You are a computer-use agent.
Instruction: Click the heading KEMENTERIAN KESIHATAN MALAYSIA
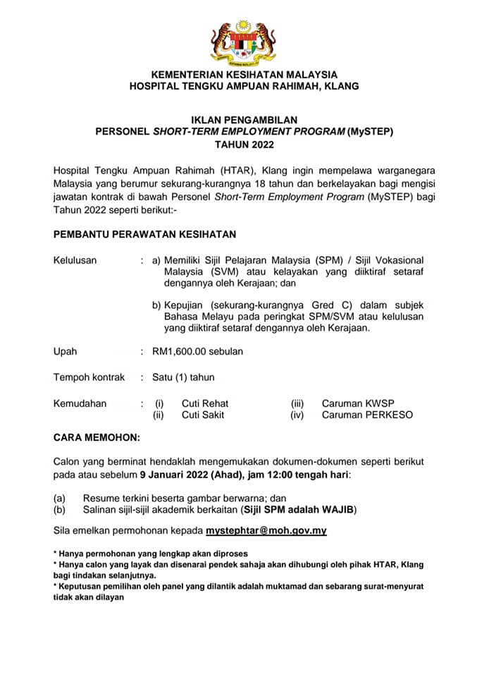tap(244, 74)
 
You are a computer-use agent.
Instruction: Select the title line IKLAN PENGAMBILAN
tap(244, 120)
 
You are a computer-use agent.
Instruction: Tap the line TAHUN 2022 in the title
tap(244, 144)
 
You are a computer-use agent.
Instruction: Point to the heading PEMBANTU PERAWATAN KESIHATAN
tap(145, 233)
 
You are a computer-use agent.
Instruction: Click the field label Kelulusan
tap(75, 260)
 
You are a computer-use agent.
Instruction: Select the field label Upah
tap(66, 351)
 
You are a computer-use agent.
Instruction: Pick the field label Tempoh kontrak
tap(89, 377)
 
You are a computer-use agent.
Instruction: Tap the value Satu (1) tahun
tap(183, 377)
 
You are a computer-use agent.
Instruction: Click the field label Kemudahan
tap(80, 403)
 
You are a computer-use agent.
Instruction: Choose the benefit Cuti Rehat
tap(205, 403)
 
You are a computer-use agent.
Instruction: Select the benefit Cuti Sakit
tap(203, 415)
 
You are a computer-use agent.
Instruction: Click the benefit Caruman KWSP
tap(359, 403)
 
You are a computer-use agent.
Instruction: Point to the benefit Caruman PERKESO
tap(367, 415)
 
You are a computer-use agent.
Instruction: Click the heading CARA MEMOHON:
tap(97, 437)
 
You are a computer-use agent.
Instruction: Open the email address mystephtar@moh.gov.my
tap(266, 530)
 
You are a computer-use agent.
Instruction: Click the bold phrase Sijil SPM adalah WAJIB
tap(298, 509)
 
